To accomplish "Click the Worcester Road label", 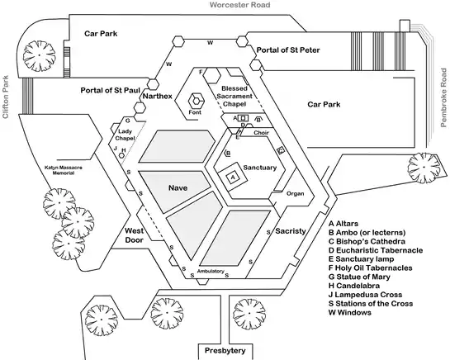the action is tap(240, 5).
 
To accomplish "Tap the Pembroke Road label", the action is tap(443, 97).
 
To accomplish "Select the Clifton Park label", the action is tap(6, 97).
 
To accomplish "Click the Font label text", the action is tap(195, 112).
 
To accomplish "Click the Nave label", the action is tap(178, 188).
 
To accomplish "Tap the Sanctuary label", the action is tap(260, 168).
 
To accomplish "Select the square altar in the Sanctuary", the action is tap(233, 178).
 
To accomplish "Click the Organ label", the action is tap(295, 194).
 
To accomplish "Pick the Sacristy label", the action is tap(291, 231).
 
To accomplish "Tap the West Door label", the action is tap(135, 235).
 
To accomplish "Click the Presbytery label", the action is tap(225, 351).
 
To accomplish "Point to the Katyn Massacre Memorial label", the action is tap(64, 170).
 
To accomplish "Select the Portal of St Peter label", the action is tap(288, 50).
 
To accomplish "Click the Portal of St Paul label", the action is tap(110, 91).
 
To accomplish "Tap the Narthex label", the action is tap(157, 96).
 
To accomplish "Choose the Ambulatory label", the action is tap(211, 271).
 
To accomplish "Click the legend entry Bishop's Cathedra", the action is tap(367, 241).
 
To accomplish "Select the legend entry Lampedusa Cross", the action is tap(365, 295).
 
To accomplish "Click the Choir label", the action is tap(261, 133).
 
